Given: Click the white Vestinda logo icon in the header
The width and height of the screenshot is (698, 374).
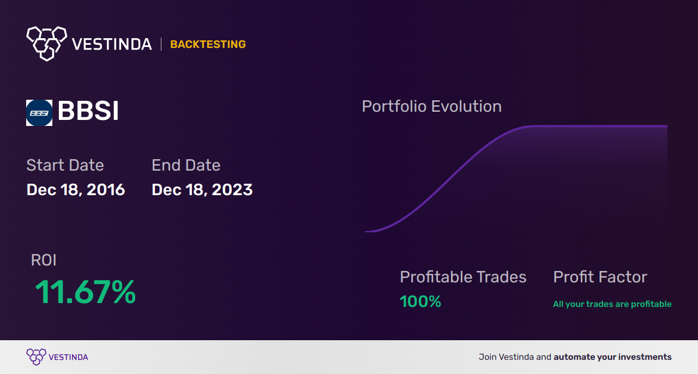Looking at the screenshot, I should click(46, 43).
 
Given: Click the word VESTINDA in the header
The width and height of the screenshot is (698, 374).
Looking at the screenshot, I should click(112, 44).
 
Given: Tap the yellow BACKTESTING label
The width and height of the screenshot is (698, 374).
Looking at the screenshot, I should click(208, 44).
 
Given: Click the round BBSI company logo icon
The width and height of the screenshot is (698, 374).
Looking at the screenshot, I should click(39, 113).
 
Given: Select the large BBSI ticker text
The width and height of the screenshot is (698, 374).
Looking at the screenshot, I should click(88, 111).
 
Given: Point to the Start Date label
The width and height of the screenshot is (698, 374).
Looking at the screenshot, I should click(65, 165).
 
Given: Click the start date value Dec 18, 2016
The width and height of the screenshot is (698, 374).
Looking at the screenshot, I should click(76, 190).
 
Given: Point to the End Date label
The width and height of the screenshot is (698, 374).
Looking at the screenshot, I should click(186, 165).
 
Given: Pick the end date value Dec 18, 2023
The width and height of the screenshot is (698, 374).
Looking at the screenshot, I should click(202, 190).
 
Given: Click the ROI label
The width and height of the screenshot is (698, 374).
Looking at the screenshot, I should click(44, 260).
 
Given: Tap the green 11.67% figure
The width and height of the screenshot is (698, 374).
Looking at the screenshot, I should click(85, 292).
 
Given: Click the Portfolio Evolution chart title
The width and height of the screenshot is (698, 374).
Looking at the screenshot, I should click(431, 106).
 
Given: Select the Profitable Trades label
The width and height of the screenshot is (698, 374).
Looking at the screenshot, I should click(463, 277).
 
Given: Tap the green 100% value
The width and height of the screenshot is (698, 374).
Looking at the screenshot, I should click(420, 301).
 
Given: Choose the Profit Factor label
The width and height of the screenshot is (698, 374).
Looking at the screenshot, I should click(600, 277).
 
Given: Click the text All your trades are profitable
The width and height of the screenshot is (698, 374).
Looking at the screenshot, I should click(612, 304).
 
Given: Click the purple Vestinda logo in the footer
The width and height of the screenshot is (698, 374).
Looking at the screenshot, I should click(37, 357).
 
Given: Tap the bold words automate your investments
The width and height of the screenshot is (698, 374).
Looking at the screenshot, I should click(612, 357).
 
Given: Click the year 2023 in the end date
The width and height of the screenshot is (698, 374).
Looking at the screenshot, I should click(232, 190).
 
